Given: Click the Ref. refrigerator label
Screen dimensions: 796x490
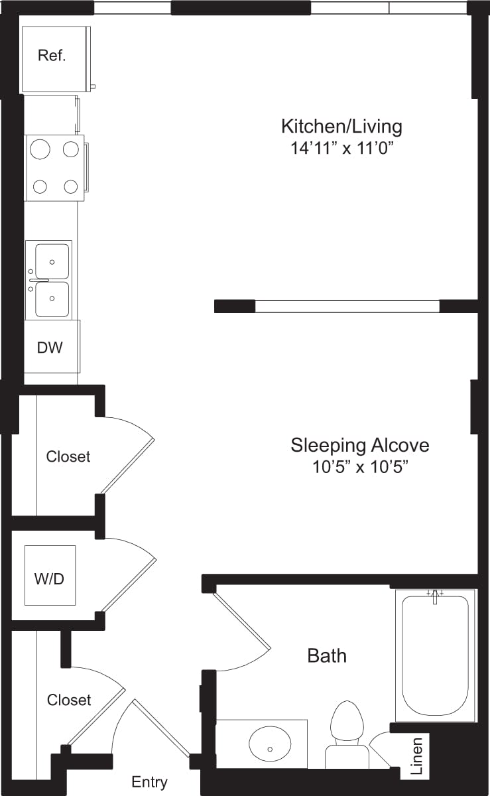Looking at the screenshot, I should click(x=52, y=56).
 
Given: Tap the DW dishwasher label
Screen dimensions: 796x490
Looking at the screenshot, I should click(x=50, y=347).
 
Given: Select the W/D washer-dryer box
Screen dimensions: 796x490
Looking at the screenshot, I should click(x=50, y=575).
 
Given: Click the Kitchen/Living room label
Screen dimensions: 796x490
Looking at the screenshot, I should click(x=341, y=125).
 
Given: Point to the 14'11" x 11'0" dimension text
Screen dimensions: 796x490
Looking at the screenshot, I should click(x=341, y=148).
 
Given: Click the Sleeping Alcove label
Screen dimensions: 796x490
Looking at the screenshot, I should click(x=359, y=444).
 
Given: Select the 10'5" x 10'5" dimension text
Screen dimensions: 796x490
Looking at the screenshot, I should click(x=359, y=467).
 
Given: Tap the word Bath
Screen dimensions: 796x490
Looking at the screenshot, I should click(x=327, y=655).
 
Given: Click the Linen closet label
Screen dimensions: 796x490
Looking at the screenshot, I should click(x=417, y=756).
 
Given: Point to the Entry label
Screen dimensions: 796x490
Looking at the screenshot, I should click(x=149, y=782).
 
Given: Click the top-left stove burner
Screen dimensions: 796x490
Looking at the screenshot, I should click(x=40, y=149).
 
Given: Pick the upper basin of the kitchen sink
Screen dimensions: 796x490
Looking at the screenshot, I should click(x=51, y=261).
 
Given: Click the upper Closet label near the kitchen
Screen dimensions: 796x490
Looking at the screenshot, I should click(x=68, y=456).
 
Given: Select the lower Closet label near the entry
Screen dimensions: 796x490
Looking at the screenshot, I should click(x=69, y=700).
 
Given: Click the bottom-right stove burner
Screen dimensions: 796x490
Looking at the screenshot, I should click(x=71, y=186).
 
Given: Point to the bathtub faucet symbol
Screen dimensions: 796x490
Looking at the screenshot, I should click(x=435, y=595).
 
